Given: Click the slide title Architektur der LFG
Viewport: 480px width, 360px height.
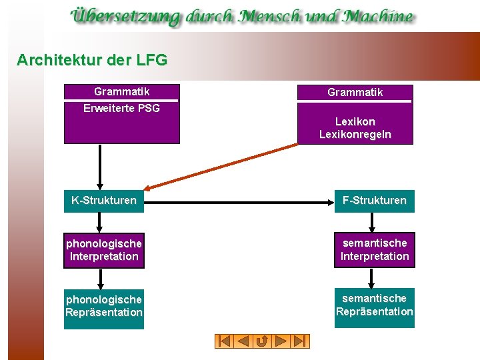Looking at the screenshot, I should pos(92,60).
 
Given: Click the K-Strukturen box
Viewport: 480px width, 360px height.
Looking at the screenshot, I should pos(104,200).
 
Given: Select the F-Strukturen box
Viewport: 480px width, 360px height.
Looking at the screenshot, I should pos(374,200).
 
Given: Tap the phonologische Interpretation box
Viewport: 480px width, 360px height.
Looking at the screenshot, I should pos(104,250).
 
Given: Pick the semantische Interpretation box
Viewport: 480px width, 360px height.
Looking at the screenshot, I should pos(374,249).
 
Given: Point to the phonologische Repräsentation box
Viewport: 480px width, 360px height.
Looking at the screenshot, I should pos(104,306).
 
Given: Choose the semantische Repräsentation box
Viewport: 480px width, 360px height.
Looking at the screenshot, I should pos(374,305).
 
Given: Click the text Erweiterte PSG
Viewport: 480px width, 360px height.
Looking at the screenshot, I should pos(121,108).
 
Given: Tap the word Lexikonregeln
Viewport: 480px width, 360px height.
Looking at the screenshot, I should pos(355,135).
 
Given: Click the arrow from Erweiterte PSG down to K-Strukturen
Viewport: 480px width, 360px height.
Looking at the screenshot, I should pos(100,167).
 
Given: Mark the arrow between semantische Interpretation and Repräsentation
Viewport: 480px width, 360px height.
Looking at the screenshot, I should pos(374,278).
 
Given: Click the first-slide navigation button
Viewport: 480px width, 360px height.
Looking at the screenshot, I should pos(225,341).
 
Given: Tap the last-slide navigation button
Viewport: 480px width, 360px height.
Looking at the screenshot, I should pos(300,341).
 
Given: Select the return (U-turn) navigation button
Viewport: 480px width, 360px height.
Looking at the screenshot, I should pos(262,341).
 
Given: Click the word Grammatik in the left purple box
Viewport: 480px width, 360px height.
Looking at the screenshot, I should pos(121,91).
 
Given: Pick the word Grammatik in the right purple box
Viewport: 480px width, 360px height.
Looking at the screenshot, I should pos(355,92).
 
